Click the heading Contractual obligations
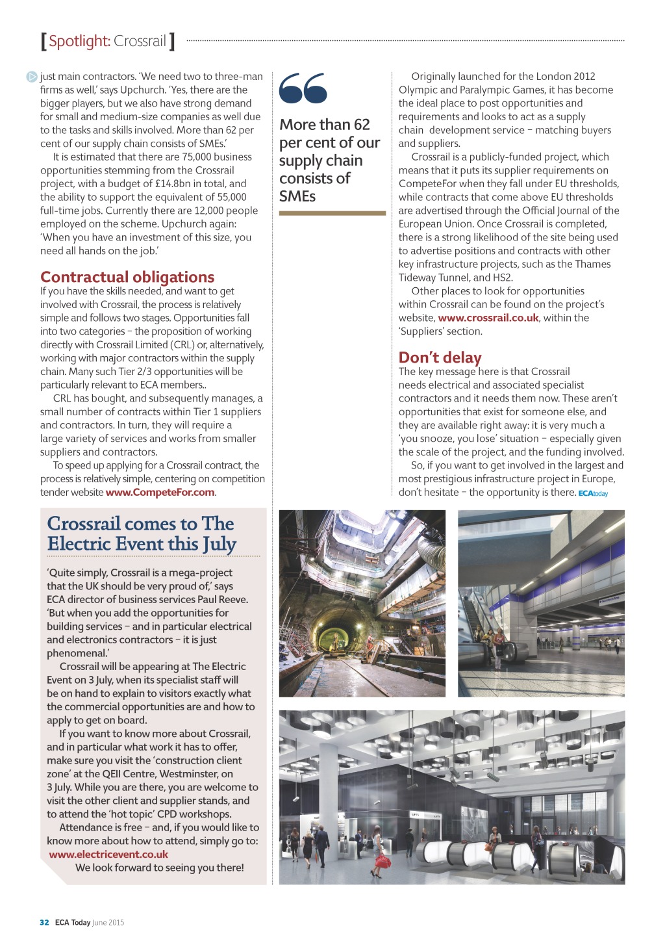(127, 277)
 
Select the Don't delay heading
(440, 357)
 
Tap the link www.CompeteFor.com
(160, 493)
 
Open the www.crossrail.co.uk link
(488, 318)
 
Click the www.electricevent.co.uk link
(108, 855)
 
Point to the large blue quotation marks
(303, 88)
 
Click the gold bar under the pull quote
(332, 213)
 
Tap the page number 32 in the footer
(44, 922)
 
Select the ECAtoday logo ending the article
(593, 493)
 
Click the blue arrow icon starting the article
(32, 77)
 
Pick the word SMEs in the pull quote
(297, 196)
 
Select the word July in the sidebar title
(218, 544)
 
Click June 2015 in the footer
(108, 922)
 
